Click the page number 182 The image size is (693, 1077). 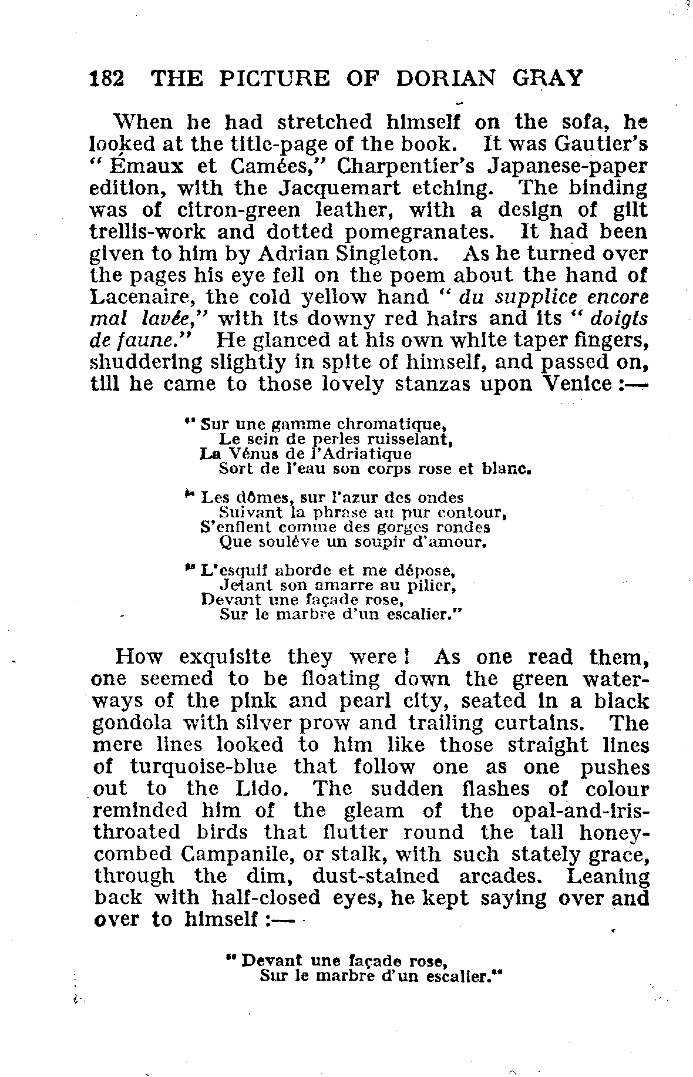pos(106,78)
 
